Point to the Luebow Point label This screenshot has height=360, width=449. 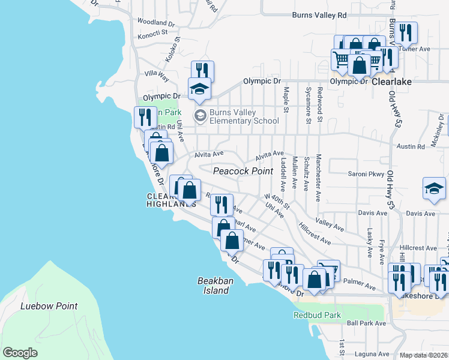[x=49, y=306]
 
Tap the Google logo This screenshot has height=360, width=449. [x=20, y=353]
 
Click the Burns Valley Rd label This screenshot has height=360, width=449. [x=319, y=15]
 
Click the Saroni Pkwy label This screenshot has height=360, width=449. [x=366, y=175]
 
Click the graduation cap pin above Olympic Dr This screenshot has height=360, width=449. [x=200, y=89]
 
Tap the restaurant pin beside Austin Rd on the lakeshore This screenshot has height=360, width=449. [x=145, y=116]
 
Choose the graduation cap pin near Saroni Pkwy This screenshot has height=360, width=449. [x=434, y=188]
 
